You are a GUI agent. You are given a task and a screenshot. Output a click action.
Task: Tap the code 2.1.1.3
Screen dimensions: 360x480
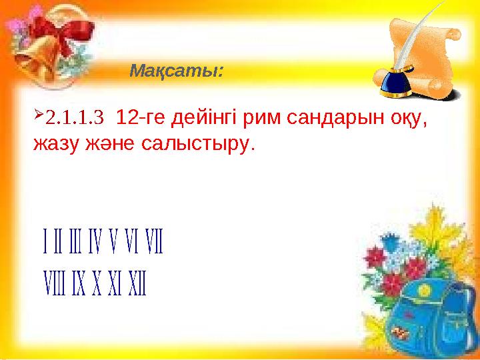74,120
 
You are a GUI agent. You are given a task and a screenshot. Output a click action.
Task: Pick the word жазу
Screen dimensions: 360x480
55,144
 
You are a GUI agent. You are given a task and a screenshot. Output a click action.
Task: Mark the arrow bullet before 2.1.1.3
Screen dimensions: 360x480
38,118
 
